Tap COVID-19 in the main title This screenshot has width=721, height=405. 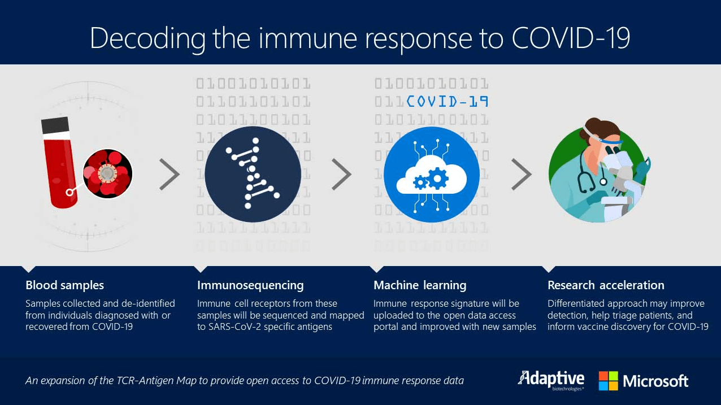(x=571, y=38)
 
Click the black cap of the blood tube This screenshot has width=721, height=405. (x=55, y=125)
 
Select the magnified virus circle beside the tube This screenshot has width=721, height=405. (x=107, y=173)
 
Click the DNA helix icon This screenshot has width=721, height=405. (x=253, y=174)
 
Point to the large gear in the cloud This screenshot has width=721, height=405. (x=437, y=178)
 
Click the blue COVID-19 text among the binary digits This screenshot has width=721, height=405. (x=448, y=102)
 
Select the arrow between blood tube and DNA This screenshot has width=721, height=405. (x=170, y=174)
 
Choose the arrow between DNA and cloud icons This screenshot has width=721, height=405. (x=341, y=174)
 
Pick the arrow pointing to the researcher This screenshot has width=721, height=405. (x=522, y=174)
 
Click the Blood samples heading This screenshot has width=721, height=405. (x=64, y=285)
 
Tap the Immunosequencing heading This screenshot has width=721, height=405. (x=250, y=286)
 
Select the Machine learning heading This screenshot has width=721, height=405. (x=420, y=286)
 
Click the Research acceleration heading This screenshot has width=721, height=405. (x=606, y=285)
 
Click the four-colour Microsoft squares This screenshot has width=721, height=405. (x=609, y=381)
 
